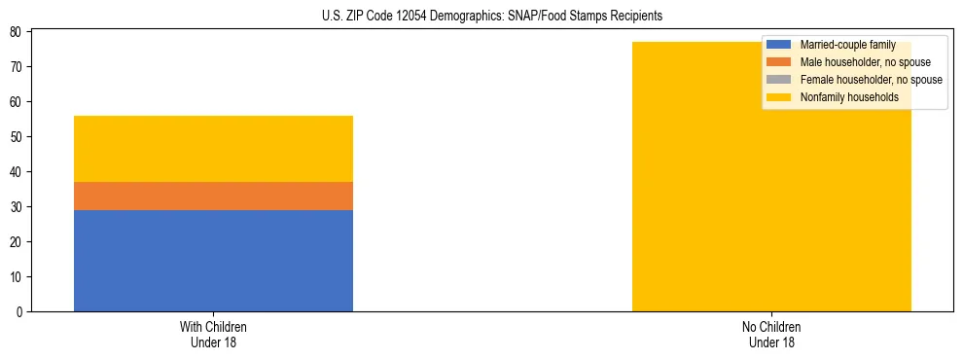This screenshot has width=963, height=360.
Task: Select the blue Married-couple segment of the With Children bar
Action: coord(213,260)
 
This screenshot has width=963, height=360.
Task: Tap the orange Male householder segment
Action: coord(213,196)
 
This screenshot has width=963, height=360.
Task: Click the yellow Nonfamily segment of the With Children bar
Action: coord(213,149)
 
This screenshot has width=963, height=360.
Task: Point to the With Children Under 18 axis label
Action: coord(213,335)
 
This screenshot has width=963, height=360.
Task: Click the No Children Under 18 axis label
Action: coord(771,335)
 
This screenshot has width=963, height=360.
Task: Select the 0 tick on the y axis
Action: coord(19,312)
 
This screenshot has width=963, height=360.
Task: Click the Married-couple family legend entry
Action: coord(847,45)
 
